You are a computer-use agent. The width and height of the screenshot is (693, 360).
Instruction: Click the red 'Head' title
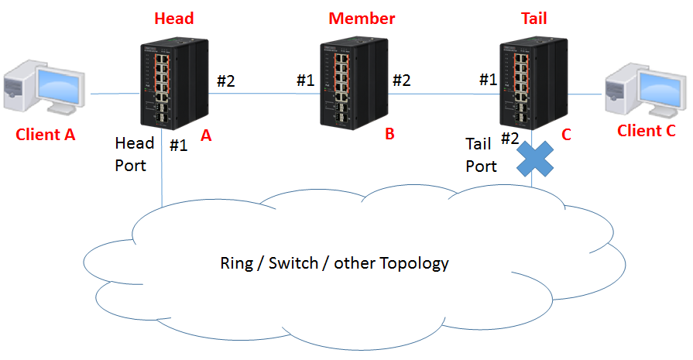tap(174, 19)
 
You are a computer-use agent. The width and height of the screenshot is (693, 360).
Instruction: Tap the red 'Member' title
tap(362, 19)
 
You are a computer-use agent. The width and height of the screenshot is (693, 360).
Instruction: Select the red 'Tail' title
tap(534, 19)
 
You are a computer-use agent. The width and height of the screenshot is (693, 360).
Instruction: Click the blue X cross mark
tap(535, 159)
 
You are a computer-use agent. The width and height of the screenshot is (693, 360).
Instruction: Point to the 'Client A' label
tap(45, 134)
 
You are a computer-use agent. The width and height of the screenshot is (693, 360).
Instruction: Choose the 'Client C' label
tap(646, 131)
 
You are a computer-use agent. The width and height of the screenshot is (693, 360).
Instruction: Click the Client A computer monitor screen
tap(60, 86)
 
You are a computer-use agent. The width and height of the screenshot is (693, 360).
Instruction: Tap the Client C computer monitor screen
tap(661, 89)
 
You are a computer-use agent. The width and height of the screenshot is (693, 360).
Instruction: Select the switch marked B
tap(354, 84)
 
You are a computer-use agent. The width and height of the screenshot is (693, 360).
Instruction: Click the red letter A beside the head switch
tap(206, 135)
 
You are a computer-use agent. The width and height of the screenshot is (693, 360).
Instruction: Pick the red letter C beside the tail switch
tap(566, 135)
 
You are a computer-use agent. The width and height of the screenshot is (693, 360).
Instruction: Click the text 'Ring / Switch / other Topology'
tap(334, 263)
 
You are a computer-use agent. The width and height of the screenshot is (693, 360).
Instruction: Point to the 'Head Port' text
tap(135, 154)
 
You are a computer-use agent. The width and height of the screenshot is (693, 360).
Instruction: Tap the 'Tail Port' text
tap(481, 155)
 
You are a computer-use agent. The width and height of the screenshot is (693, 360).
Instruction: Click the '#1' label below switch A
tap(179, 146)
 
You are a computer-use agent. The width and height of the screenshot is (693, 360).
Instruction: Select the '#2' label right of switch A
tap(226, 81)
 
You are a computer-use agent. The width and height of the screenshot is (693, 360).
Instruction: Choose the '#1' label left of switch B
tap(305, 81)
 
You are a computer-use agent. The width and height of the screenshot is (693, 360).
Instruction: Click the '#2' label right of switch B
tap(402, 81)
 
